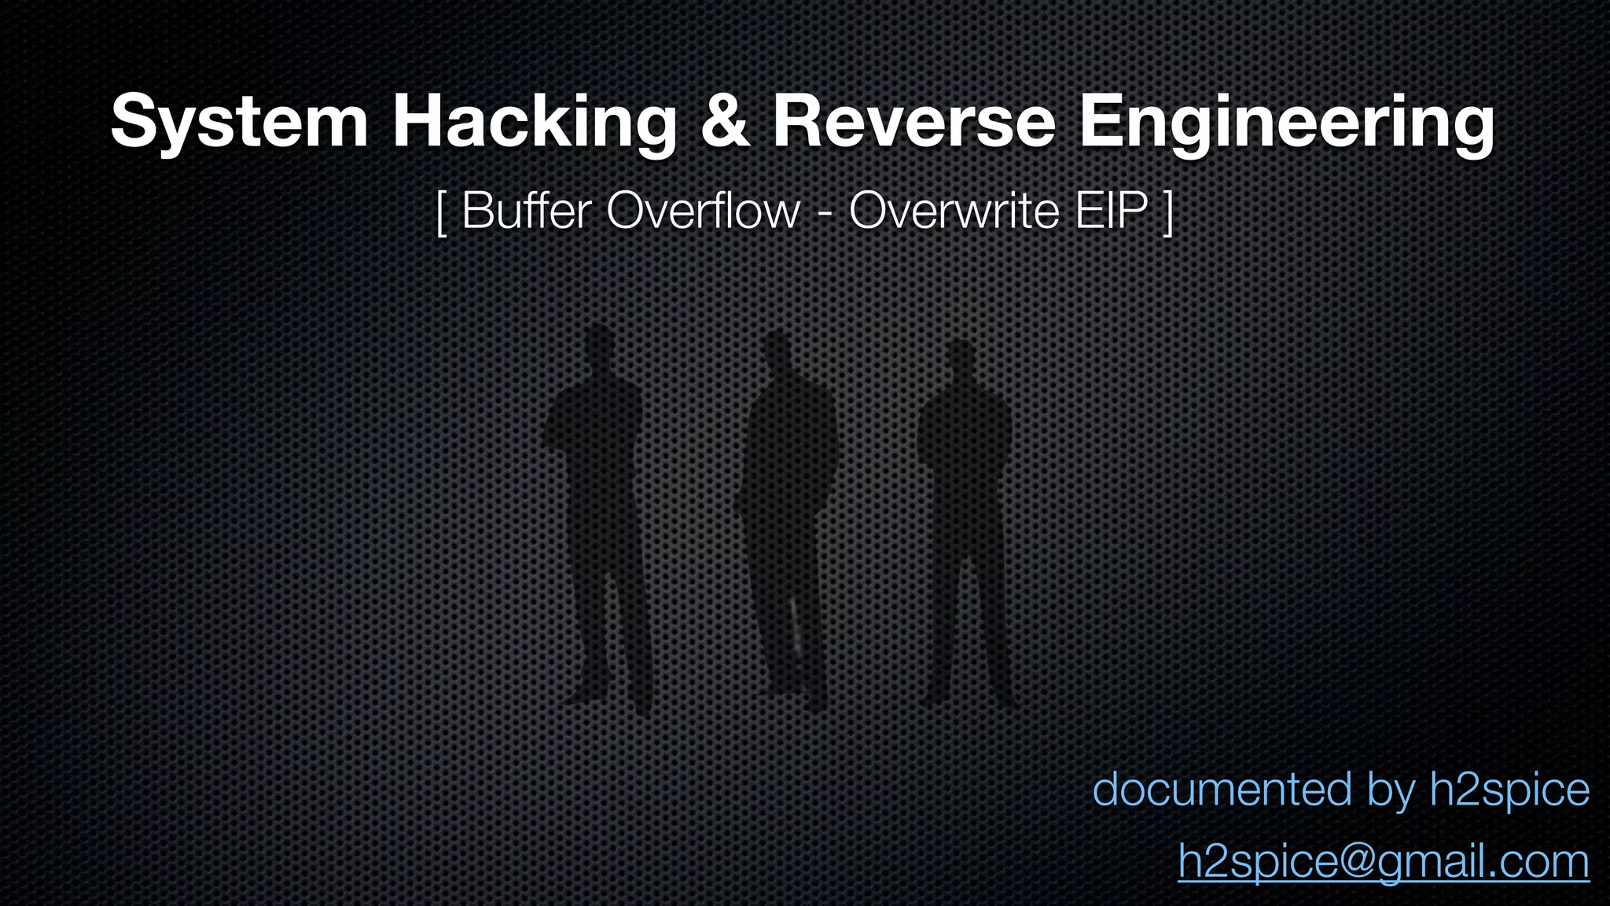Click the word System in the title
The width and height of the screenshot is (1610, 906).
coord(239,123)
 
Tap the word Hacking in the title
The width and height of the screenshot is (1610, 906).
coord(534,123)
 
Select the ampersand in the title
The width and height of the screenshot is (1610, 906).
coord(724,123)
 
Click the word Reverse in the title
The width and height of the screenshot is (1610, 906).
coord(913,123)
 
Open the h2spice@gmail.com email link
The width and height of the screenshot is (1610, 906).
coord(1384,861)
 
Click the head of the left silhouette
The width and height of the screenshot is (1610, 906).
coord(600,346)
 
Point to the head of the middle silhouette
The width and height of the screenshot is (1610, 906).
coord(777,352)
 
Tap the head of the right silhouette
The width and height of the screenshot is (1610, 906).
coord(959,362)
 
